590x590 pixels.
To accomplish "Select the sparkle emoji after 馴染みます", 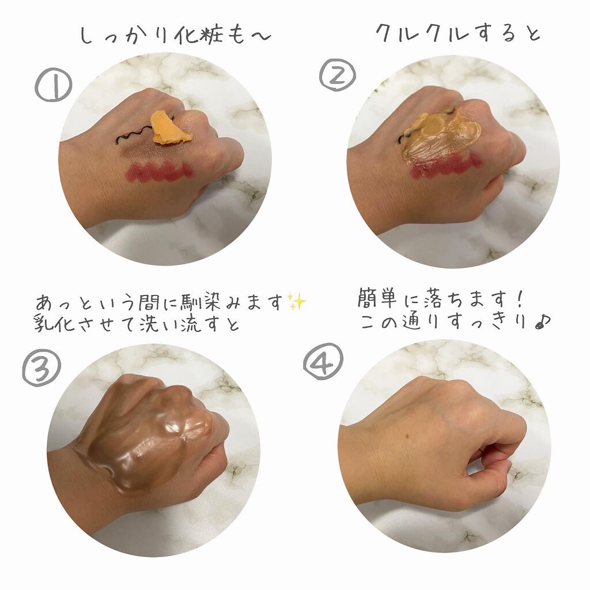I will [x=297, y=302].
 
